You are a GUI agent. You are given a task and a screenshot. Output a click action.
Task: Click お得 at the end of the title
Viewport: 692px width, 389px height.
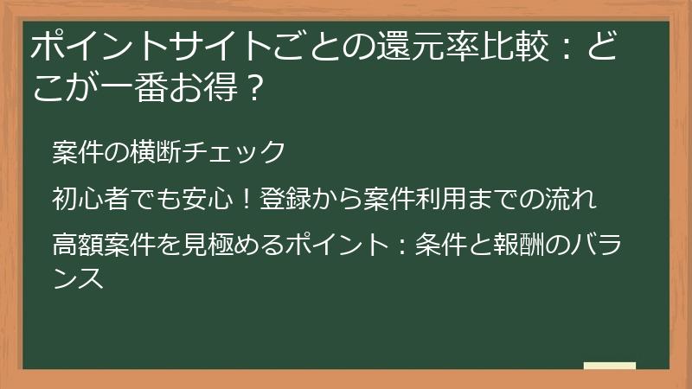click(210, 86)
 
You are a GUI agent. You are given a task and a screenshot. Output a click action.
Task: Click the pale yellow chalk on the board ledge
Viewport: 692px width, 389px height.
click(609, 366)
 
